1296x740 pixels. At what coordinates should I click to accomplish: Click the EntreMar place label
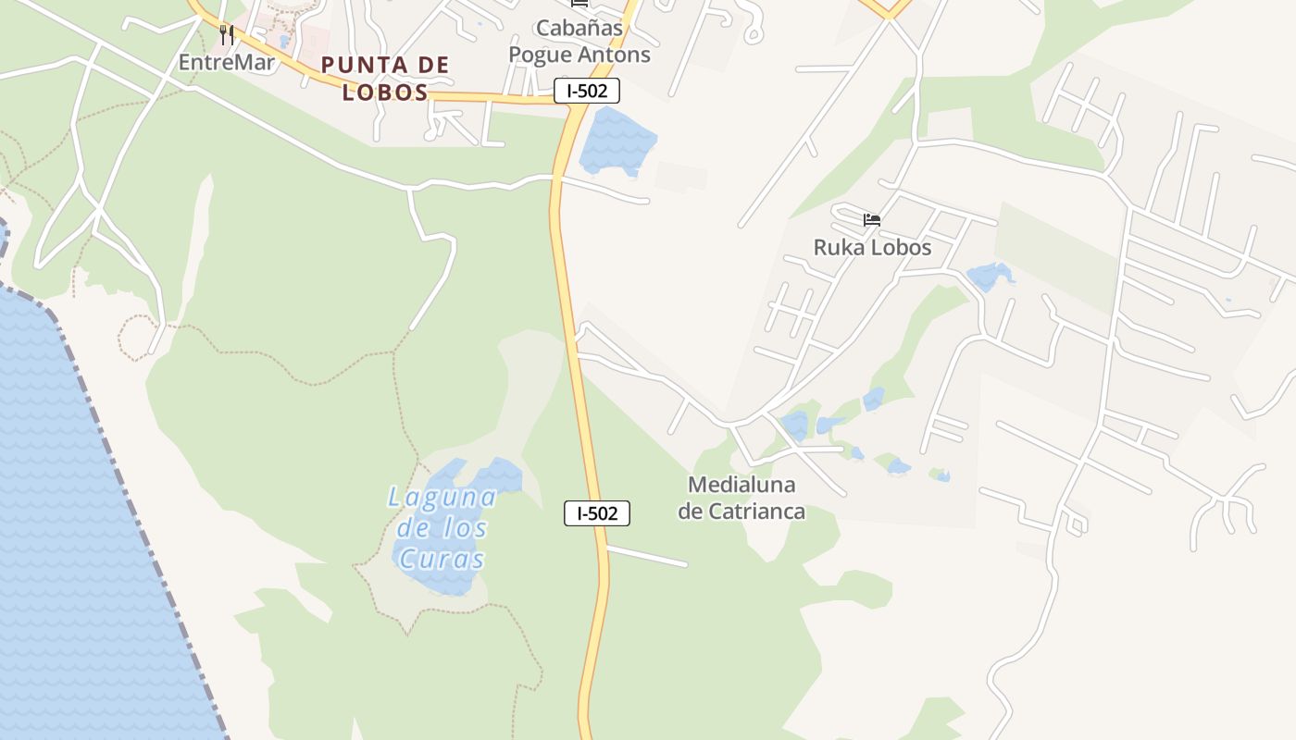(x=227, y=63)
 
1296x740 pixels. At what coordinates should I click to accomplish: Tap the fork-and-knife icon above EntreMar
(x=227, y=35)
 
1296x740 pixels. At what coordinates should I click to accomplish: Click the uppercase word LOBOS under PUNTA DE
(x=385, y=92)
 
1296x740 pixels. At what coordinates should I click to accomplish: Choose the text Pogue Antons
(x=579, y=55)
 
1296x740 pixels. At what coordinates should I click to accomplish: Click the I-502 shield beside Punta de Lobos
(x=587, y=91)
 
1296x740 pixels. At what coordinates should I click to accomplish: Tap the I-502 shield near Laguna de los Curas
(x=597, y=513)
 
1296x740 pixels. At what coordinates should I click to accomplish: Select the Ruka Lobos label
(x=872, y=248)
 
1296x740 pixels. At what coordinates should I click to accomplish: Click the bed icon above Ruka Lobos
(x=872, y=220)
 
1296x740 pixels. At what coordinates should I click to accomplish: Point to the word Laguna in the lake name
(x=442, y=498)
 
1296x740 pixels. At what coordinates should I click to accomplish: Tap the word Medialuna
(x=741, y=485)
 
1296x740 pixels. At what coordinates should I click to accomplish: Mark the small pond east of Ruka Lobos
(x=988, y=276)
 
